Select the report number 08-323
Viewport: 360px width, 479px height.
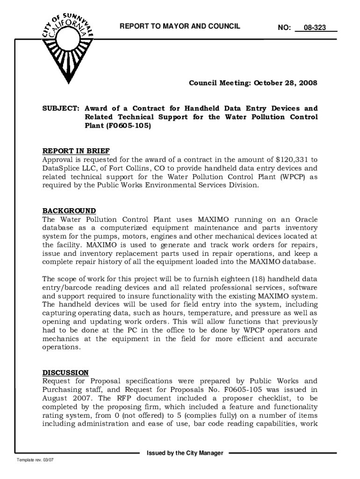tap(314, 28)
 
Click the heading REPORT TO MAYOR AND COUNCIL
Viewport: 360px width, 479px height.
tap(180, 27)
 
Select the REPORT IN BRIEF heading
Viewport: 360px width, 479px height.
tap(76, 151)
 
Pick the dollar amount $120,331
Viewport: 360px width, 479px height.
tap(293, 160)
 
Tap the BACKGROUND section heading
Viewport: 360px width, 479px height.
tap(69, 210)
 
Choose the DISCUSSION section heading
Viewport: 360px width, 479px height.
tap(65, 372)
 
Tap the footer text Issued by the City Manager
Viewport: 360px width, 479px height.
tap(185, 453)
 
